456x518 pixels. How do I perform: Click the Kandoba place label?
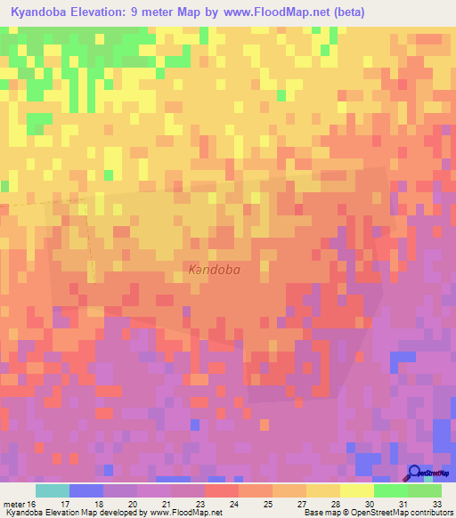[215, 268]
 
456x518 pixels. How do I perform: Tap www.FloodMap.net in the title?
[271, 12]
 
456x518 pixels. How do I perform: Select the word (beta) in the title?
[344, 12]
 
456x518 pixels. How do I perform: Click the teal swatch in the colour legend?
[52, 490]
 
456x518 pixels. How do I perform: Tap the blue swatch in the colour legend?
[85, 490]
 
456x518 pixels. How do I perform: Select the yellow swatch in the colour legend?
[356, 490]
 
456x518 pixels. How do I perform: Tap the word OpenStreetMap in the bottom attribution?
[373, 513]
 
